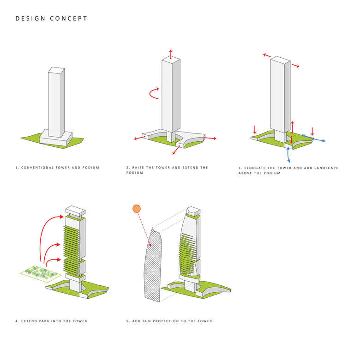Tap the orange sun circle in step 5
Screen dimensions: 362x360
click(x=136, y=209)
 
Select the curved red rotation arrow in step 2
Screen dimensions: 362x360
click(x=153, y=93)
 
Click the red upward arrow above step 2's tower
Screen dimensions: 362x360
click(x=171, y=53)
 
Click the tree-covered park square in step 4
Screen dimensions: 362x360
click(x=41, y=273)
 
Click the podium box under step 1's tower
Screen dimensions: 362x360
click(x=56, y=137)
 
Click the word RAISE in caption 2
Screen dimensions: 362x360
click(x=139, y=167)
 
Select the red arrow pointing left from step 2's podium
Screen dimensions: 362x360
click(x=138, y=138)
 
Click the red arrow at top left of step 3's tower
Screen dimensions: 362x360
click(x=267, y=55)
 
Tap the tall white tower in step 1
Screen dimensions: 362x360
click(x=56, y=102)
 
